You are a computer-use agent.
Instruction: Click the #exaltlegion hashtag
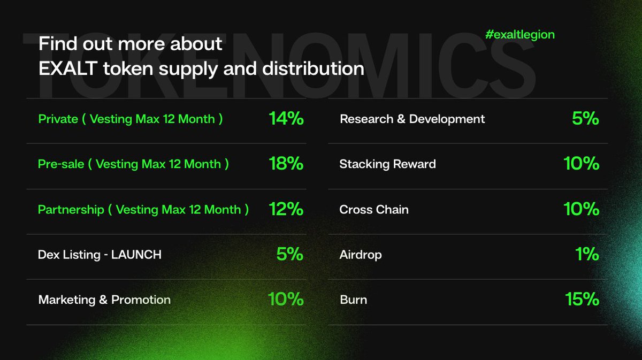click(x=519, y=35)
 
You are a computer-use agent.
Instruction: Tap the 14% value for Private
click(x=286, y=119)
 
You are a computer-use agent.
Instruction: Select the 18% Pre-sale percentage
click(x=286, y=164)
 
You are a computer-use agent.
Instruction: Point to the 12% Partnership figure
click(x=286, y=209)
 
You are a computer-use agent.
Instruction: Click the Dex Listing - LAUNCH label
click(x=100, y=255)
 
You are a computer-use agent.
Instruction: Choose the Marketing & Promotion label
click(x=104, y=300)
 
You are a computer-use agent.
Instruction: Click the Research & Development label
click(x=412, y=119)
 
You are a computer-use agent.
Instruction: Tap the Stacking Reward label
click(x=387, y=164)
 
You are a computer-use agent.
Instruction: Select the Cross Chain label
click(x=373, y=209)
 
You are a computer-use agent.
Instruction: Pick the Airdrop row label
click(x=361, y=255)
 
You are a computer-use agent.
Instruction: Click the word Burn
click(x=353, y=300)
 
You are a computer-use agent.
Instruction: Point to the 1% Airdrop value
click(x=587, y=254)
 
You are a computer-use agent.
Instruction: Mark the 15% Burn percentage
click(x=582, y=299)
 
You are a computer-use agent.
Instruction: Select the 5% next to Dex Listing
click(x=290, y=254)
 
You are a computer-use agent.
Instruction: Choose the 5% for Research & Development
click(x=585, y=118)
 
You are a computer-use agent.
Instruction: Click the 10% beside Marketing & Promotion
click(x=286, y=299)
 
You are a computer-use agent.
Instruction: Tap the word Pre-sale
click(x=61, y=164)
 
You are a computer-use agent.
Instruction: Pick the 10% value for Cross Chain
click(x=581, y=209)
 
